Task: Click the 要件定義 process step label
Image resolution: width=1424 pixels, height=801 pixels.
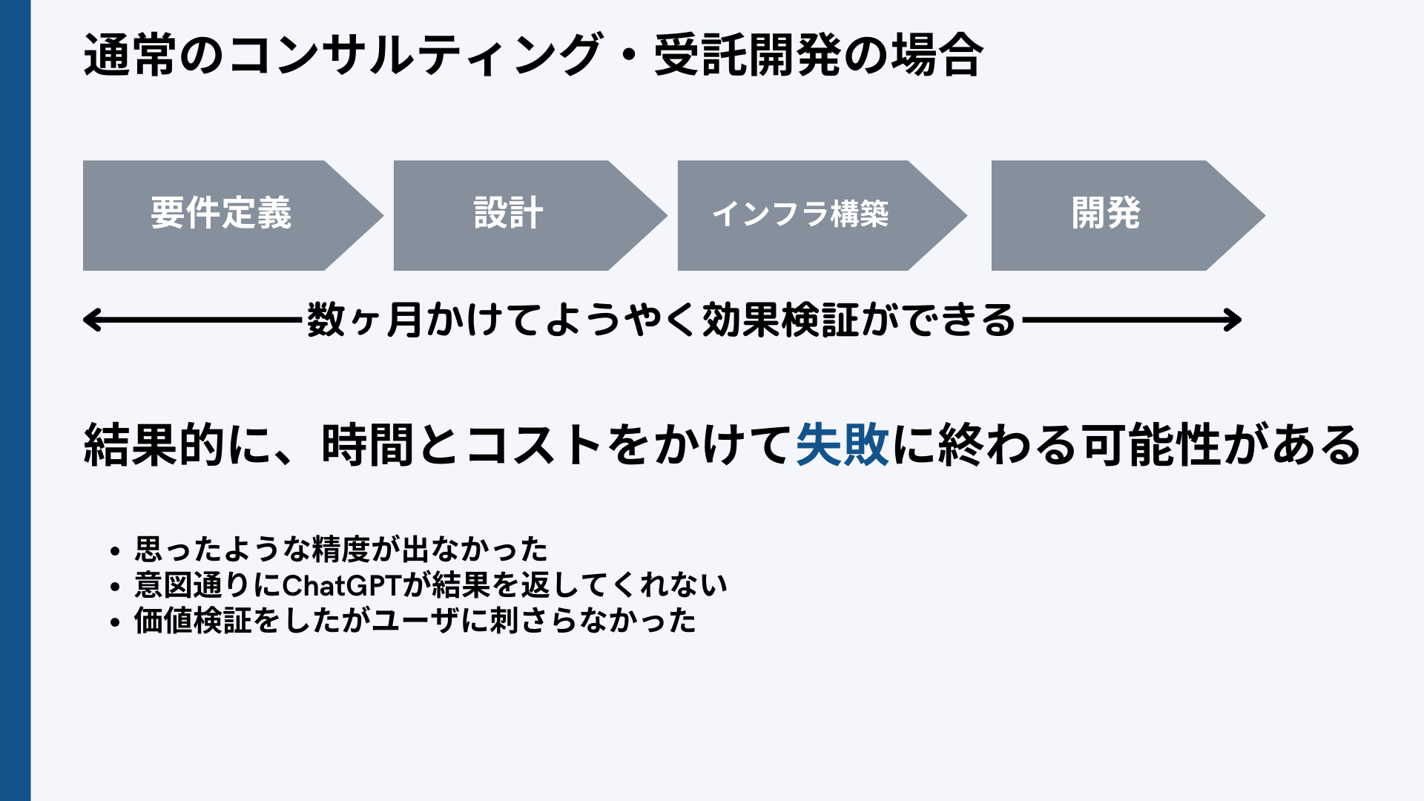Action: point(221,214)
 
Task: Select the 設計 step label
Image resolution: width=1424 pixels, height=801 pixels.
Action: point(509,214)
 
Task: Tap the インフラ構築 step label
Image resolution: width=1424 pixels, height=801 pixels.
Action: point(800,214)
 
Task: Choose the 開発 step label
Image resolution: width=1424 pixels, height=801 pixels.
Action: point(1106,214)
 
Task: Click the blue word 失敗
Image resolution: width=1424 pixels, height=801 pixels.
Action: point(843,445)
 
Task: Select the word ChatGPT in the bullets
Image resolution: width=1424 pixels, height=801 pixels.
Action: point(342,586)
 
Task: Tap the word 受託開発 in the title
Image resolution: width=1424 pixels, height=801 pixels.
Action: point(748,56)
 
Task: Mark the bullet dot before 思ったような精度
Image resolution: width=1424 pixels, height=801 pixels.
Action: point(114,552)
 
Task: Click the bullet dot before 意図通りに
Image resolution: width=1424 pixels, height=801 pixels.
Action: point(114,587)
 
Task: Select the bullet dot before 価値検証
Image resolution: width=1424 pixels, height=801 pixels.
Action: point(114,622)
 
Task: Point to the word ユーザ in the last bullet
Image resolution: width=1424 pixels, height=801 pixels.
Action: point(415,622)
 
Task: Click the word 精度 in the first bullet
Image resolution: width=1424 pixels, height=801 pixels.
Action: point(341,550)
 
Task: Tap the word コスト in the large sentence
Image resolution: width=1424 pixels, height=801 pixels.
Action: point(534,445)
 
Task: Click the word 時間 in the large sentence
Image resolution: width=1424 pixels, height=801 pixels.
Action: point(367,445)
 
